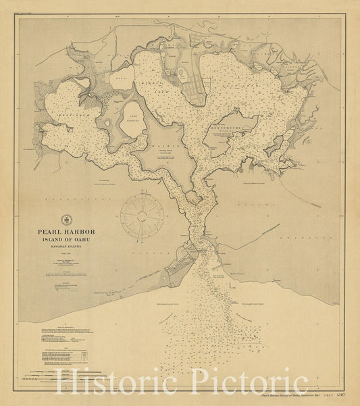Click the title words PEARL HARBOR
pos(71,232)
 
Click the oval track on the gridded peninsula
pos(182,75)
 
